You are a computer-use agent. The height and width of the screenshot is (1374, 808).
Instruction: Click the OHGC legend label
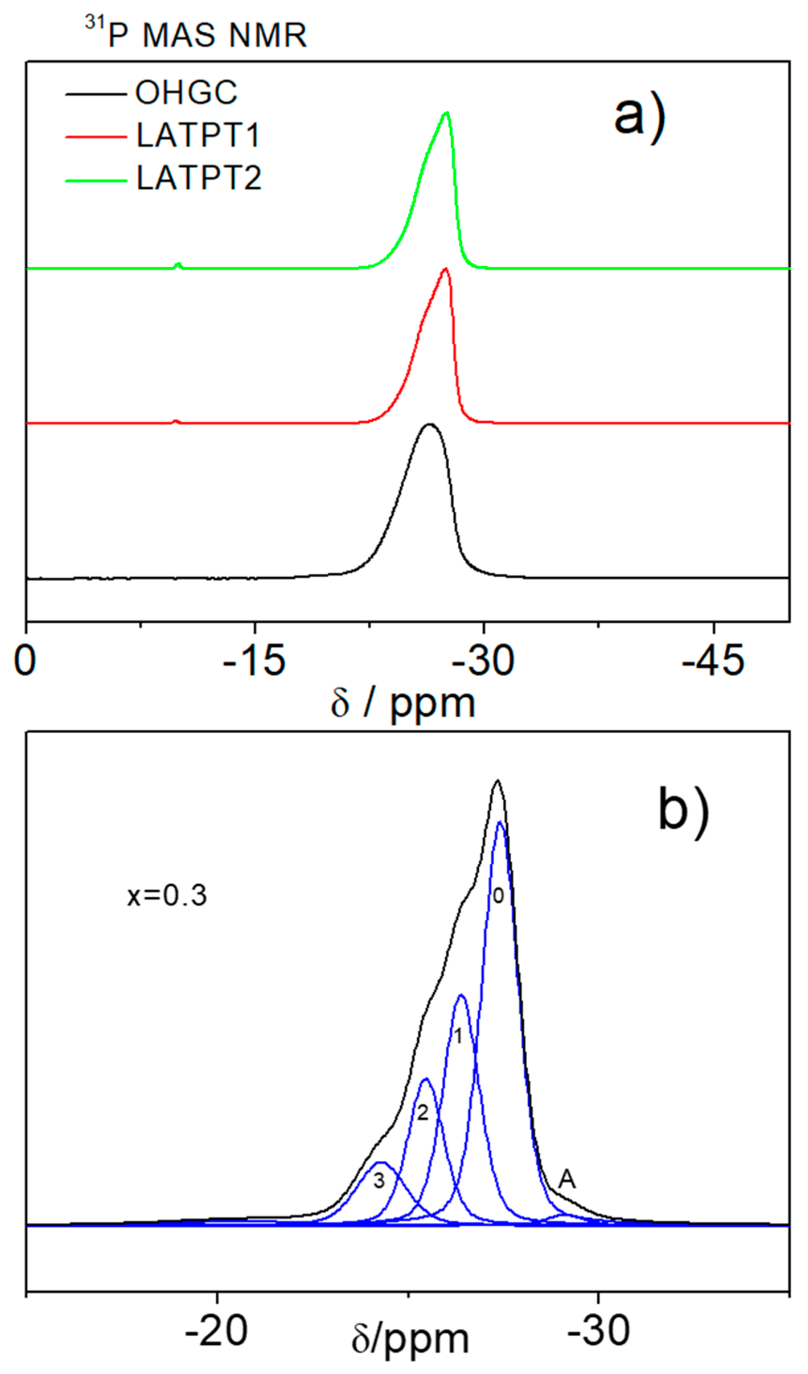click(186, 93)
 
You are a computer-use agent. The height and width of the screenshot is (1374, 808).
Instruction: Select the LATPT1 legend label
click(198, 135)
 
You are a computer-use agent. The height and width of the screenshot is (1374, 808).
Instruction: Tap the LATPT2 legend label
click(199, 178)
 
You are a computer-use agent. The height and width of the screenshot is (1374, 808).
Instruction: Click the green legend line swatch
click(96, 180)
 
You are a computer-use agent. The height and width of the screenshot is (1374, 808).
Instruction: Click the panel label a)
click(640, 117)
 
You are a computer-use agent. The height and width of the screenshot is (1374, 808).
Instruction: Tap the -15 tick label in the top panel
click(254, 661)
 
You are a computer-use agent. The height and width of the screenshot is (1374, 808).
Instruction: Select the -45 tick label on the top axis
click(713, 661)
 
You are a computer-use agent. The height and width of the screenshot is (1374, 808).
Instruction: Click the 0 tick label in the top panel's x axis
click(25, 661)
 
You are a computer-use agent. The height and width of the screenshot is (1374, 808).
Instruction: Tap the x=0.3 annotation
click(167, 896)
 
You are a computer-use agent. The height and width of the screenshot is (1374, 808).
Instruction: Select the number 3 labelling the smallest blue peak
click(379, 1181)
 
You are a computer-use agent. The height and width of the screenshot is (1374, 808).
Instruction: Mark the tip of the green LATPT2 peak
click(447, 113)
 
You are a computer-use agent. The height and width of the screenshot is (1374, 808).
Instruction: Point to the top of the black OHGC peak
click(430, 424)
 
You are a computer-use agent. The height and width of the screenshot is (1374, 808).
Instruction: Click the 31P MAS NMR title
click(196, 34)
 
